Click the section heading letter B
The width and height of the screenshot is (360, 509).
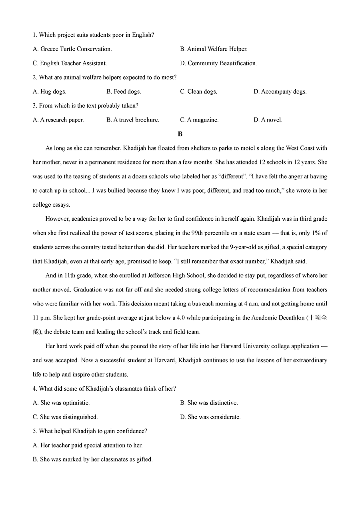click(180, 134)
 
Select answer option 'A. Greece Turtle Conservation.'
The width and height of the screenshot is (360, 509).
click(72, 49)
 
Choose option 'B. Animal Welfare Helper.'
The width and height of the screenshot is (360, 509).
click(214, 49)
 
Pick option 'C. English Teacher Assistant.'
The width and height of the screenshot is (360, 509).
click(70, 63)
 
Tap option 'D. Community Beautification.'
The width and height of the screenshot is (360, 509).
click(218, 63)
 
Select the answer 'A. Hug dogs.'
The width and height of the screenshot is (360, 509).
click(50, 92)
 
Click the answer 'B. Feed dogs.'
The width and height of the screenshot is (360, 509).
click(124, 92)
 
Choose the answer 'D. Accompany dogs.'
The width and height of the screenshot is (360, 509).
click(280, 92)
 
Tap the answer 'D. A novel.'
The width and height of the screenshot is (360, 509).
click(268, 120)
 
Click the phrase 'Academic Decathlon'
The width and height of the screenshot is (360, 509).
click(279, 318)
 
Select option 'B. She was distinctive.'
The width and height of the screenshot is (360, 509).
click(209, 403)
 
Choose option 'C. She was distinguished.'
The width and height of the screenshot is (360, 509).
click(65, 417)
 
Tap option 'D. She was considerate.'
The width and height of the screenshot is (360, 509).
click(210, 417)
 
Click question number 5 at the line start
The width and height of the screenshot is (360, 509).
click(35, 431)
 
